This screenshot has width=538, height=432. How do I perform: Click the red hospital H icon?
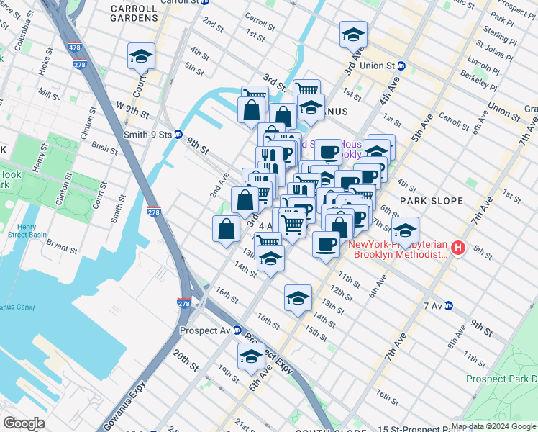pos(458,249)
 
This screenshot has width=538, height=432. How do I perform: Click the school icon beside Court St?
pos(141,56)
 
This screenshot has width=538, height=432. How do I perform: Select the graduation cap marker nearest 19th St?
pos(251,356)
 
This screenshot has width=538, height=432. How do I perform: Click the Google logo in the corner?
pos(24,423)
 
